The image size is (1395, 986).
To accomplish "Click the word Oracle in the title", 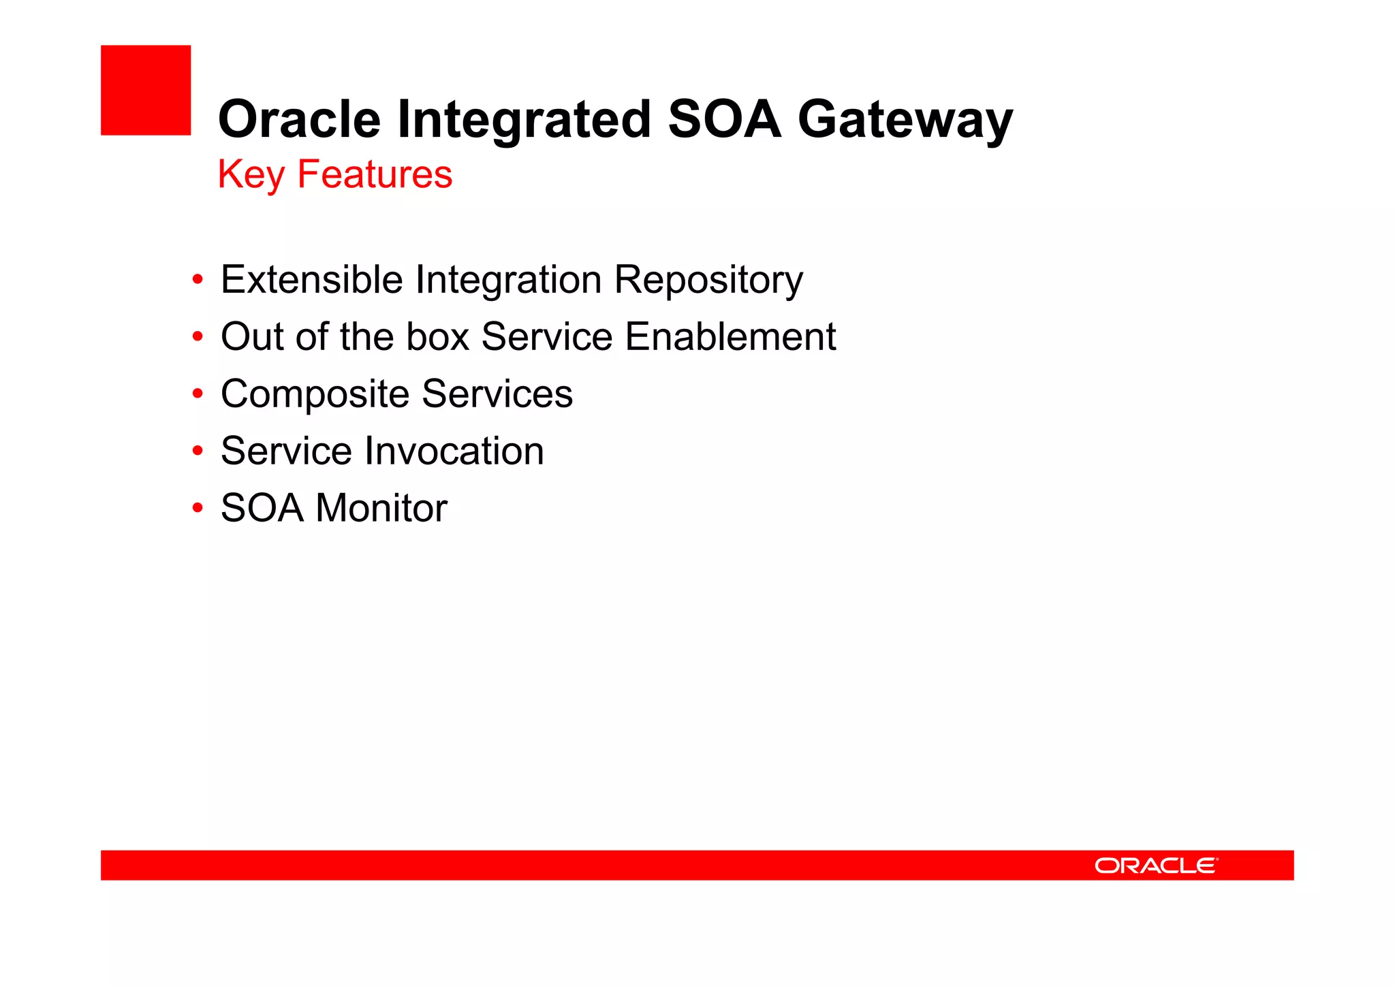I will tap(299, 119).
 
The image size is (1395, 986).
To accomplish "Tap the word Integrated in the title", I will tap(524, 119).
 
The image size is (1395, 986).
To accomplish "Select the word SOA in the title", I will tap(724, 119).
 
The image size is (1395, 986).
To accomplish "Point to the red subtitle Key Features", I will tap(334, 174).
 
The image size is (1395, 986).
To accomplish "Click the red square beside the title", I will tap(146, 90).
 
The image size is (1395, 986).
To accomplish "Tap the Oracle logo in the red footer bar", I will tap(1155, 865).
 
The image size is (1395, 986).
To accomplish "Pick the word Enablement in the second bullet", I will tap(730, 337).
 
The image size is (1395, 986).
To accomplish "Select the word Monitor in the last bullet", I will tap(381, 509).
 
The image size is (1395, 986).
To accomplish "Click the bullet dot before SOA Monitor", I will tap(198, 508).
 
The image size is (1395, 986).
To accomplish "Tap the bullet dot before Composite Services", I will tap(198, 394).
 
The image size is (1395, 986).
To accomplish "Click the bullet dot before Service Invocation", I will tap(198, 451).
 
